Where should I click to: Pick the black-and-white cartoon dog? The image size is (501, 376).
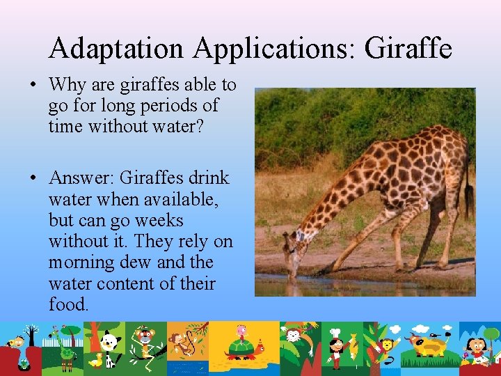110,342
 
